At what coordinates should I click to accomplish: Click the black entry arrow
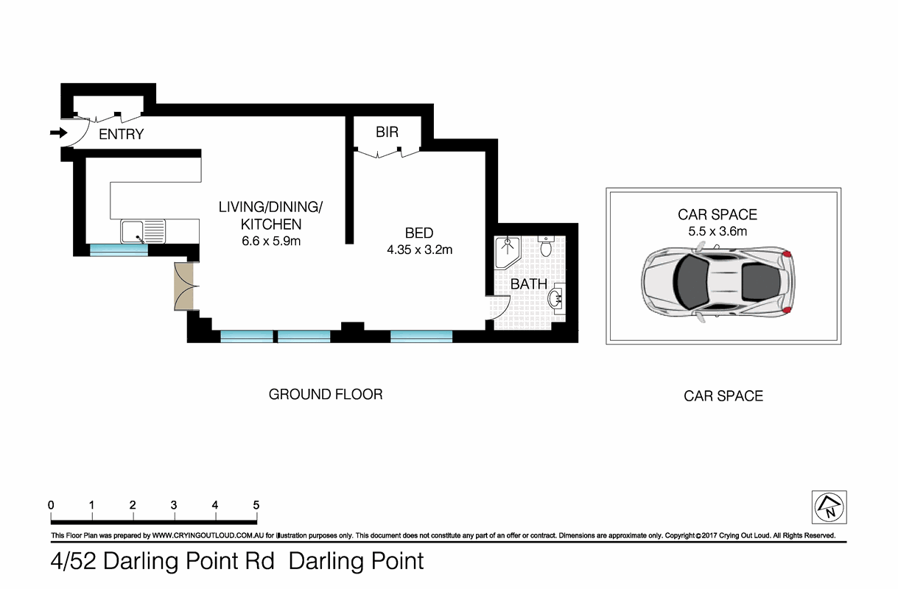pos(57,133)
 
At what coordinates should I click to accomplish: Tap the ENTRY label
pos(121,135)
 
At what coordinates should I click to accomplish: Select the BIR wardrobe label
pos(387,133)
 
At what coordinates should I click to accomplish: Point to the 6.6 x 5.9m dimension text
pos(270,241)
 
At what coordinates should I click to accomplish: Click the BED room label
pos(418,233)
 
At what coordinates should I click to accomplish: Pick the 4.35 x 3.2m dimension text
pos(419,250)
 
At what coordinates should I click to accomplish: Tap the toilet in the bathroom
pos(546,246)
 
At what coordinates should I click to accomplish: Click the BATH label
pos(529,283)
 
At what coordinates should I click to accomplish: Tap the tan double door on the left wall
pos(182,286)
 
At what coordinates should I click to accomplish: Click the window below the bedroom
pos(421,336)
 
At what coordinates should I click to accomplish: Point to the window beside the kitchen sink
pos(119,250)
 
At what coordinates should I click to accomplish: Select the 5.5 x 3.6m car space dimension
pos(717,231)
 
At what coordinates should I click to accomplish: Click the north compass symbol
pos(829,508)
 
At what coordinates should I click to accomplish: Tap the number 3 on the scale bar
pos(174,506)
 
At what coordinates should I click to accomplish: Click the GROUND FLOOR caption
pos(326,395)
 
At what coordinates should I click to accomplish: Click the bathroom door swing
pos(500,306)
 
